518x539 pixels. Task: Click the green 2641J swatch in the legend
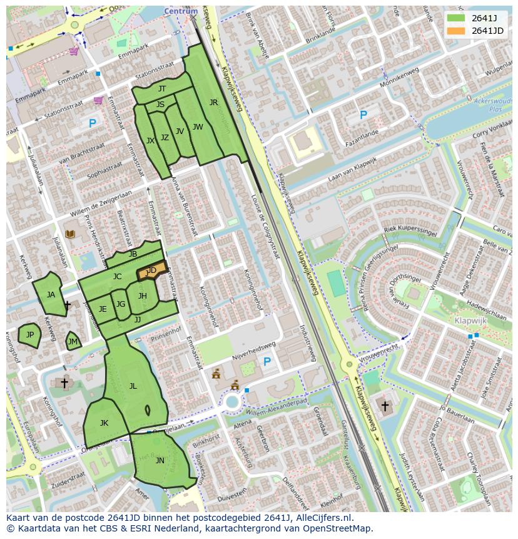coord(456,18)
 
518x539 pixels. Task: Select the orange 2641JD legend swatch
coord(456,31)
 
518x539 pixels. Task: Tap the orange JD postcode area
coord(152,270)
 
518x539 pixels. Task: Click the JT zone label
coord(162,89)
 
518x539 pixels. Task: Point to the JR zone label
coord(213,103)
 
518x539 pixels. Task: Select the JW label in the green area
coord(198,127)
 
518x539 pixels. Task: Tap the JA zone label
coord(51,295)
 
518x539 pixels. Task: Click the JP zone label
coord(29,335)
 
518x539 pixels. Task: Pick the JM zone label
coord(73,341)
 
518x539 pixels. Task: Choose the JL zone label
coord(133,386)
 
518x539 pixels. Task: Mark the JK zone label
coord(104,423)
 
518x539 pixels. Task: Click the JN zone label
coord(160,461)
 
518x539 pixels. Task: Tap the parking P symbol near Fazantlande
coord(363,115)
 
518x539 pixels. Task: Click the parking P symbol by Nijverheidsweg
coord(267,362)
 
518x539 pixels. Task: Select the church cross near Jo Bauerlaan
coord(384,406)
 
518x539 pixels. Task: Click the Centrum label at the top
coord(181,11)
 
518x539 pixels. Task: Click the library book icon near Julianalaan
coord(70,234)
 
